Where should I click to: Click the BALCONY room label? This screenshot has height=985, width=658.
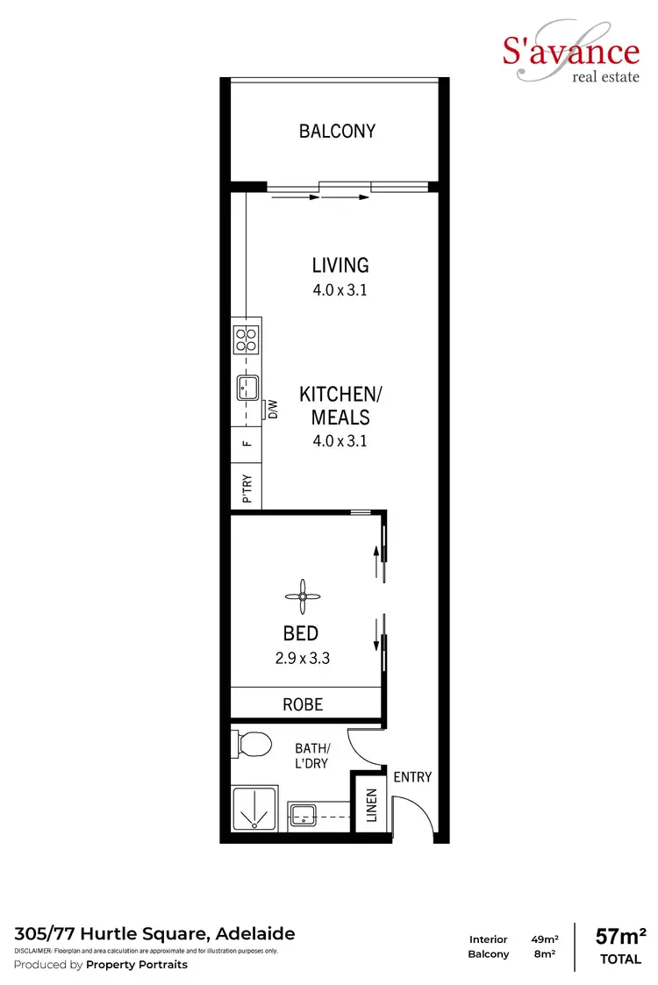pyautogui.click(x=337, y=132)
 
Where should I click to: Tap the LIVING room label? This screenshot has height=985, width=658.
pyautogui.click(x=340, y=264)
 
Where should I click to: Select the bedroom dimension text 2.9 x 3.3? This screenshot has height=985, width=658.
pyautogui.click(x=300, y=657)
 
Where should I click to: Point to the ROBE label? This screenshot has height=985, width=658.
pyautogui.click(x=302, y=704)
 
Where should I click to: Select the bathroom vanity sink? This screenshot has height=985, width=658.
pyautogui.click(x=303, y=816)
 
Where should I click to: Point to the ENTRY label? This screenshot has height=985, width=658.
pyautogui.click(x=412, y=777)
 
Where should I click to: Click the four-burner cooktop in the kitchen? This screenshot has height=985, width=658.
pyautogui.click(x=247, y=339)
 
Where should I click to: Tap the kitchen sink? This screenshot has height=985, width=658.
pyautogui.click(x=247, y=387)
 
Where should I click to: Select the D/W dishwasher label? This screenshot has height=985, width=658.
pyautogui.click(x=273, y=410)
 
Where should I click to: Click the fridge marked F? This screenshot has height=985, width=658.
pyautogui.click(x=247, y=443)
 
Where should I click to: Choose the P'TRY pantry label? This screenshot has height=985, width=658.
pyautogui.click(x=247, y=489)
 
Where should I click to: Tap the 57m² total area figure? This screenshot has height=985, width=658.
pyautogui.click(x=620, y=937)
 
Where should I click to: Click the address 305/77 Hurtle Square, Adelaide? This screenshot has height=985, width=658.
pyautogui.click(x=154, y=933)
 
